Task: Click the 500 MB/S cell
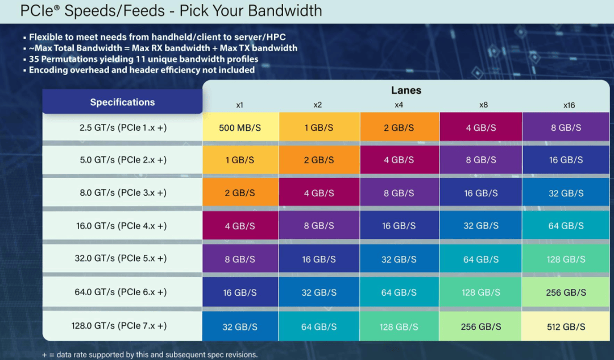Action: [x=240, y=128]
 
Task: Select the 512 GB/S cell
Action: [x=565, y=327]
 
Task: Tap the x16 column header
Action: [x=569, y=105]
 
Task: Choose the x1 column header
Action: [x=240, y=105]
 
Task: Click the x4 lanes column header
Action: [x=399, y=105]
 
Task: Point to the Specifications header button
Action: [x=122, y=102]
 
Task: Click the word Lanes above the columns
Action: [x=406, y=90]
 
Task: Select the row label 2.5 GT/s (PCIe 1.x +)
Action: [x=123, y=128]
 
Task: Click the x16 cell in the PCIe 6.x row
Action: [x=565, y=292]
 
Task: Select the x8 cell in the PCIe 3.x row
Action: [x=481, y=193]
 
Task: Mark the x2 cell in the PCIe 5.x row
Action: [x=319, y=259]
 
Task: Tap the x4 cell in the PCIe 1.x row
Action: [x=399, y=128]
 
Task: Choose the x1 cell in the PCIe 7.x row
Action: [x=240, y=327]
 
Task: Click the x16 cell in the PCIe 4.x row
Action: [x=565, y=226]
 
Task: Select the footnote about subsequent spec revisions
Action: [x=150, y=355]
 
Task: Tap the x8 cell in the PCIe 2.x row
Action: [x=481, y=160]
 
